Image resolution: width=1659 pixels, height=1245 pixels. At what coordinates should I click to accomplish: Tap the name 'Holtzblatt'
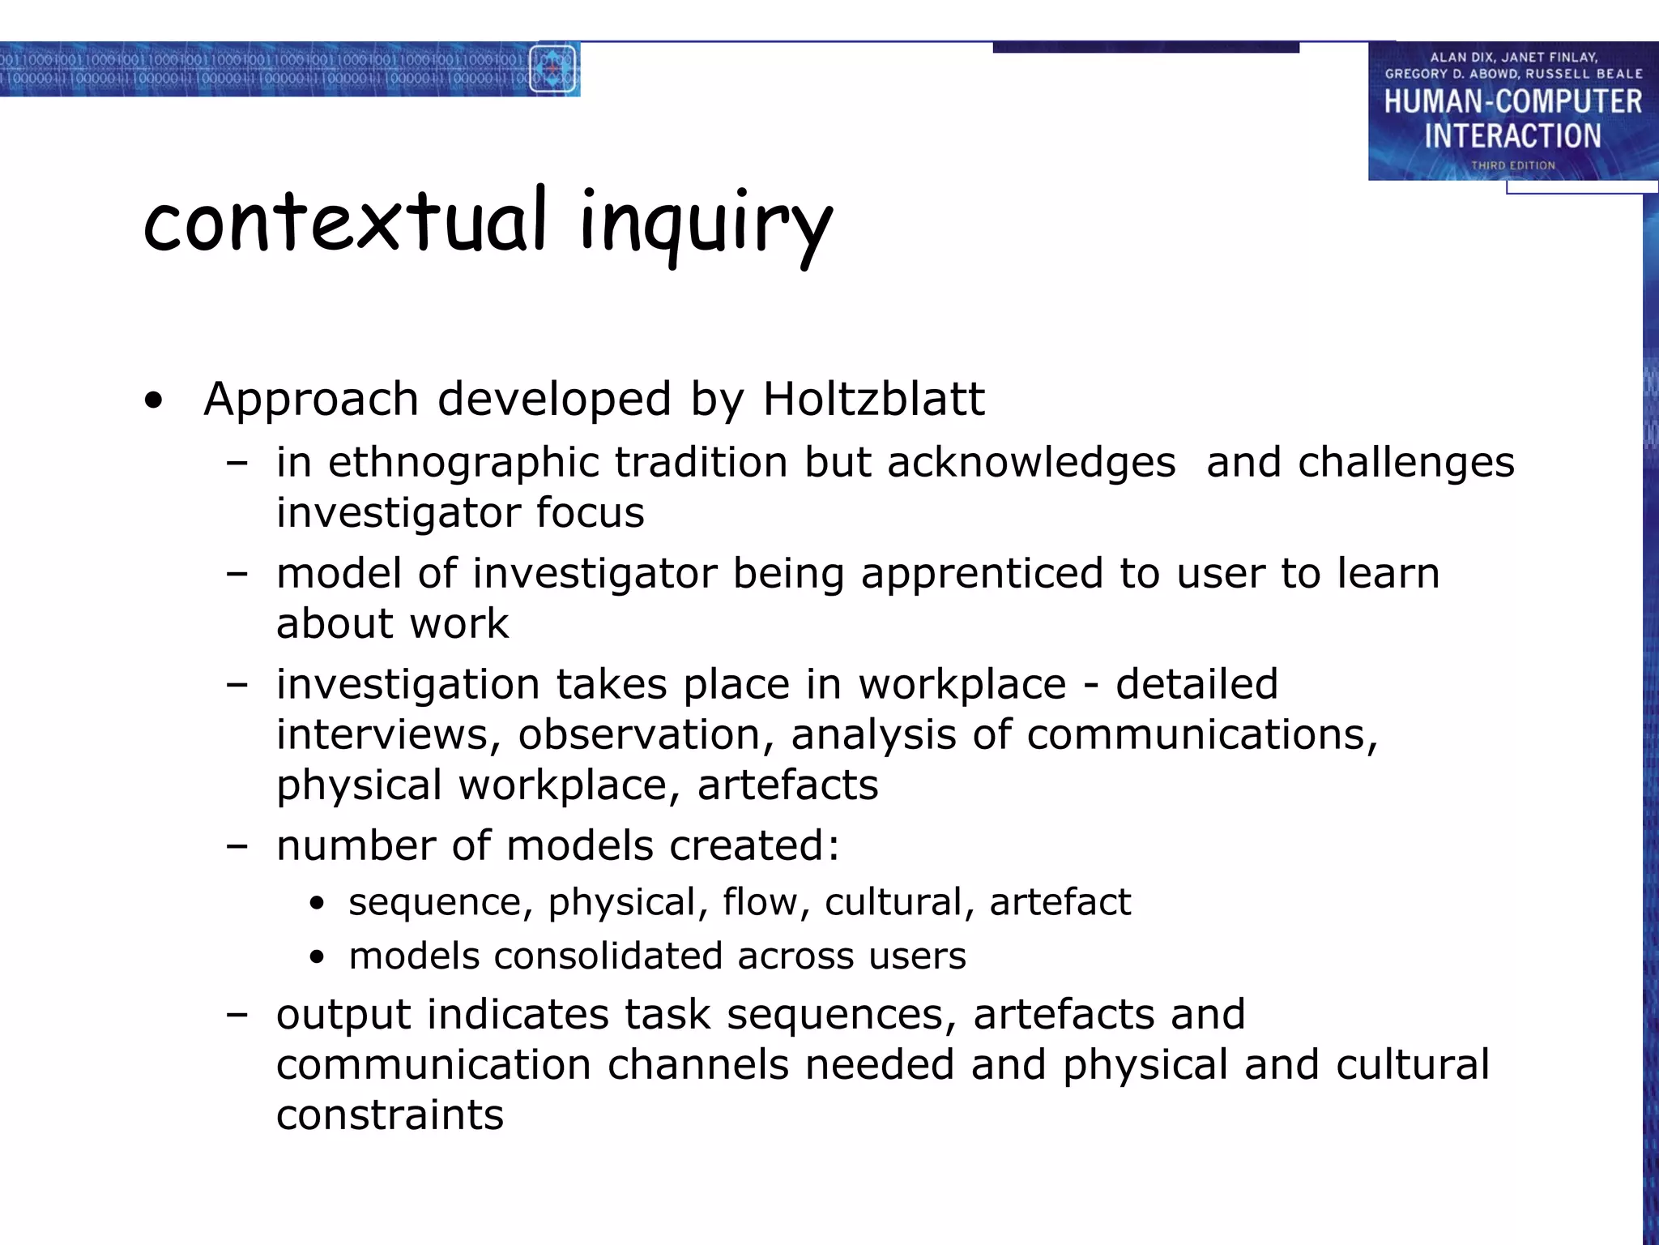point(873,399)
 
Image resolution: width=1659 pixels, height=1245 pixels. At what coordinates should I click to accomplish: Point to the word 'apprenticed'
point(982,573)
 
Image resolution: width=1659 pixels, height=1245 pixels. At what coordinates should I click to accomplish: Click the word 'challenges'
point(1405,462)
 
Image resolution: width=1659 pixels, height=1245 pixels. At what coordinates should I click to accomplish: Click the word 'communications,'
point(1201,734)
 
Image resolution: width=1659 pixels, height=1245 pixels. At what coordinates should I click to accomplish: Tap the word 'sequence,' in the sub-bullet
point(441,902)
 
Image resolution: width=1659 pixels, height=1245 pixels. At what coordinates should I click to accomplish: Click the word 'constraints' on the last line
point(390,1115)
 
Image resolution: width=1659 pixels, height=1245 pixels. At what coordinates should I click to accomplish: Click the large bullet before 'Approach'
point(153,400)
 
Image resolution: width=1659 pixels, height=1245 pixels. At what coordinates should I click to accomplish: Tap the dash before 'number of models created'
point(237,846)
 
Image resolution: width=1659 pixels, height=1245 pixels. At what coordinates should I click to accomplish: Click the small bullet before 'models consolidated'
point(317,957)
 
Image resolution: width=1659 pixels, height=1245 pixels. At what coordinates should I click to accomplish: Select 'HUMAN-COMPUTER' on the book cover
point(1512,102)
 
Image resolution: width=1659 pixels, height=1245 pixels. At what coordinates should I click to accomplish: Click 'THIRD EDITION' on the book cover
point(1512,165)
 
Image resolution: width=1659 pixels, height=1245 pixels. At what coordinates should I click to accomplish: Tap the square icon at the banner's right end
point(552,69)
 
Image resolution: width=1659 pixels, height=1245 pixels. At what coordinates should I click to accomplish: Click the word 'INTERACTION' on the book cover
point(1512,135)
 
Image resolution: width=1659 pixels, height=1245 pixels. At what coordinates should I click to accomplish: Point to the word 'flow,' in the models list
point(766,902)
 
